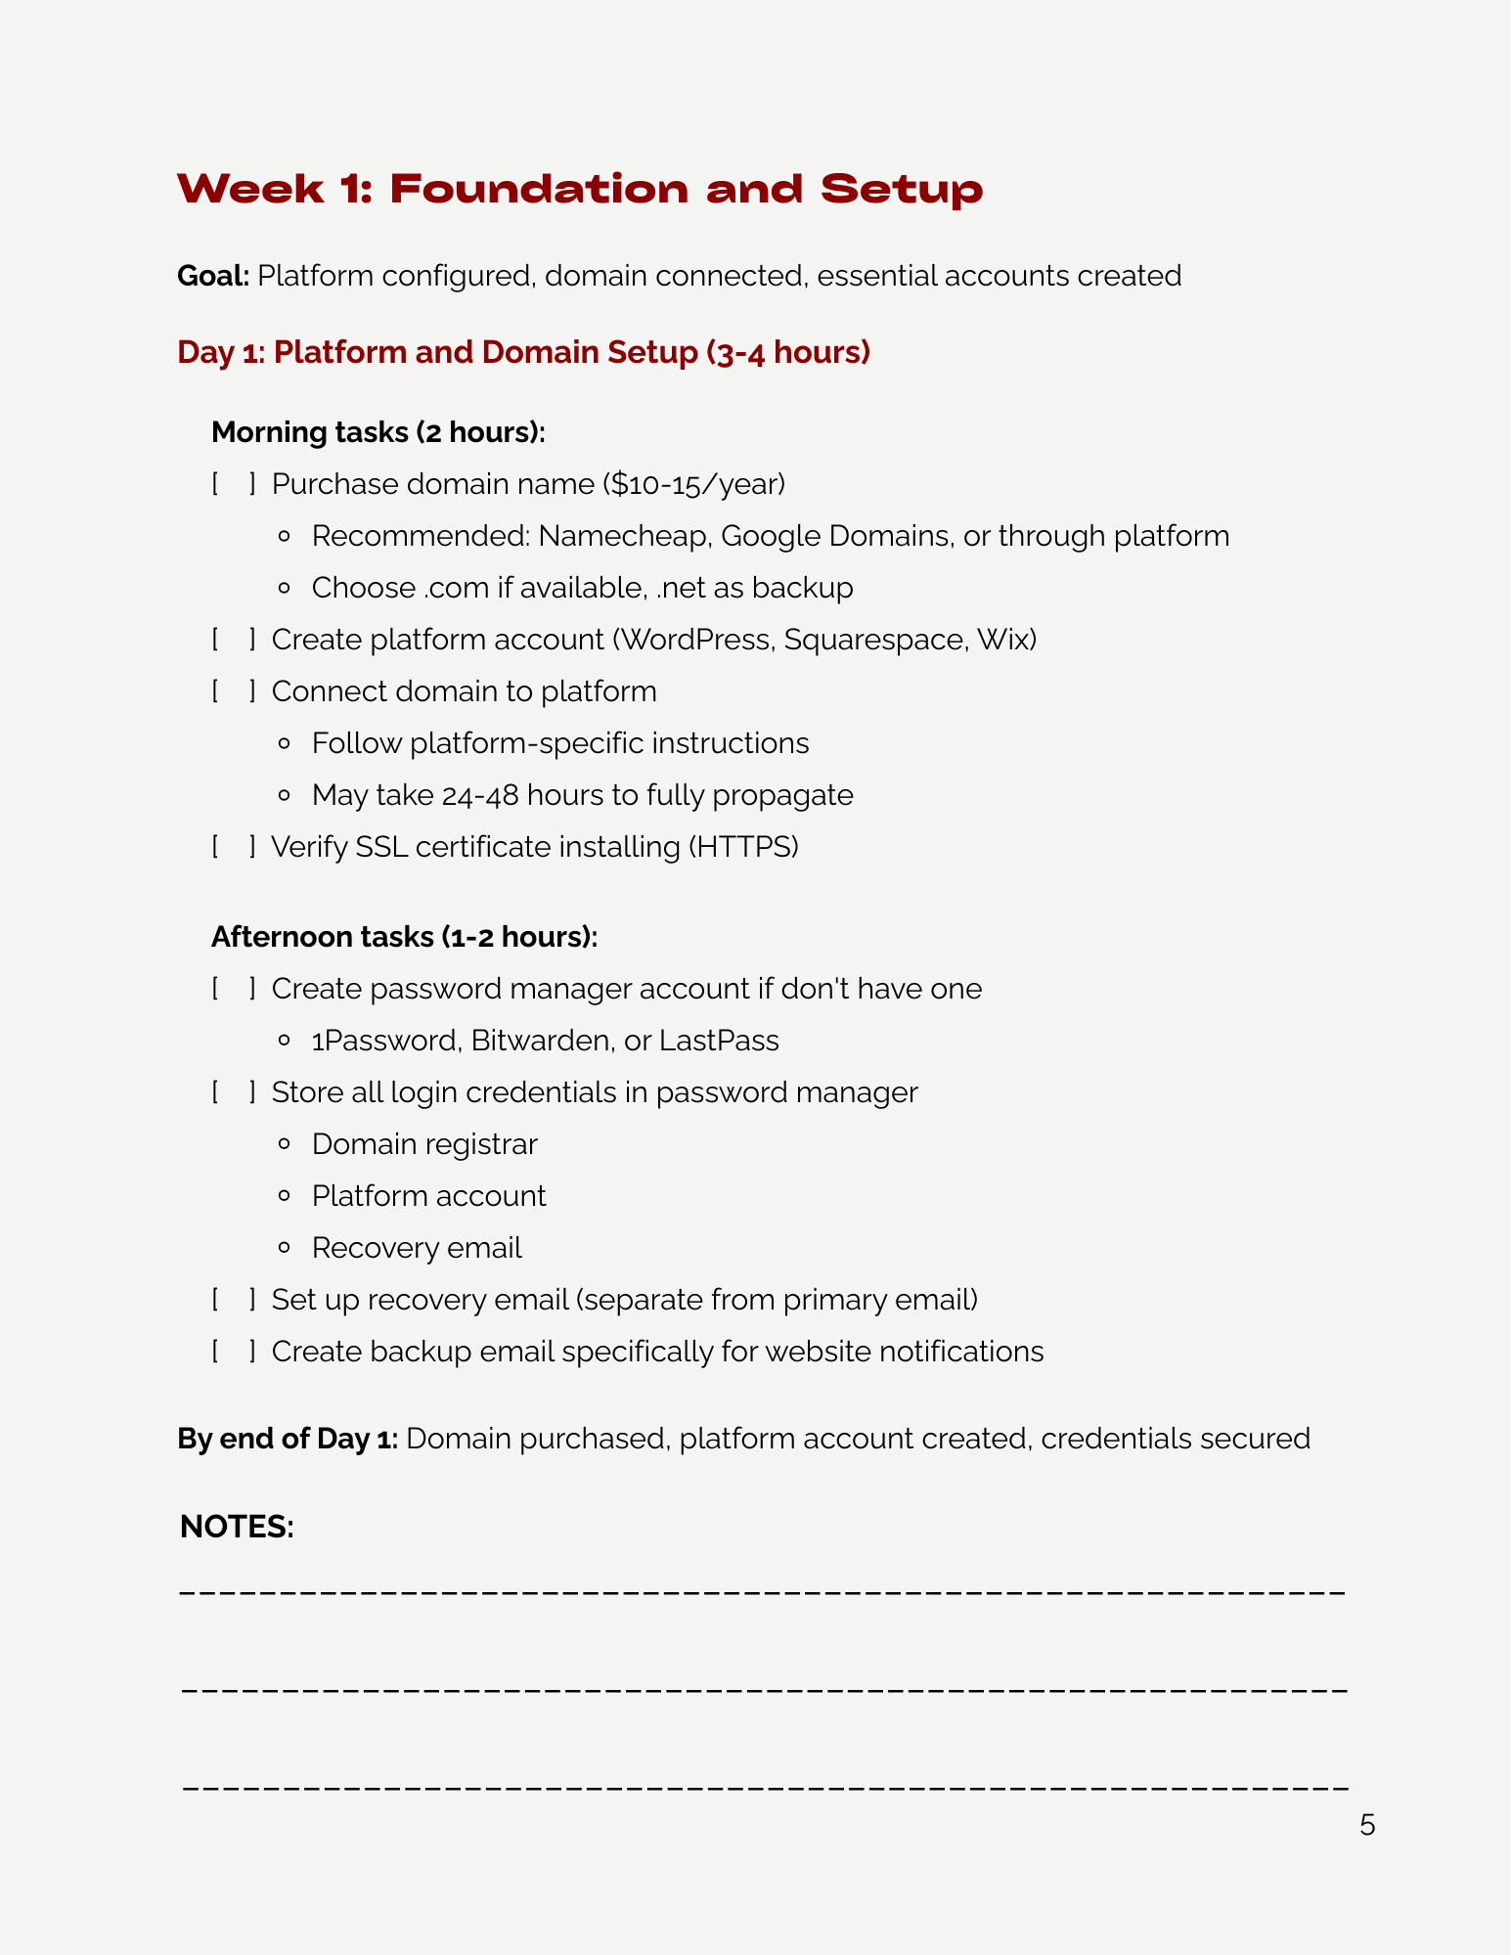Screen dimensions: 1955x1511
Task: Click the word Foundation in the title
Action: tap(539, 189)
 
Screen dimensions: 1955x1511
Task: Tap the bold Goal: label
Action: tap(213, 276)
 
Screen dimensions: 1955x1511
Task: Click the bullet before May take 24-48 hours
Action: tap(285, 796)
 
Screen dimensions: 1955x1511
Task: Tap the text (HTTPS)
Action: tap(743, 847)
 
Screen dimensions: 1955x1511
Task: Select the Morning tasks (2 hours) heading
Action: tap(378, 432)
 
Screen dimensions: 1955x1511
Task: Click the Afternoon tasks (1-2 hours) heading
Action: tap(404, 937)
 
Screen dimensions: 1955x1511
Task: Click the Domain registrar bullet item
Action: tap(424, 1144)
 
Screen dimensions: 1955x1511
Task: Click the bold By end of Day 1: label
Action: tap(287, 1439)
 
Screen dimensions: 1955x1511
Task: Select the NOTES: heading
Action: tap(237, 1527)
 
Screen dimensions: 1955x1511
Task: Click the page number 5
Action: tap(1367, 1826)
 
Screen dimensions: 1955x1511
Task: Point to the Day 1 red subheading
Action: tap(523, 352)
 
